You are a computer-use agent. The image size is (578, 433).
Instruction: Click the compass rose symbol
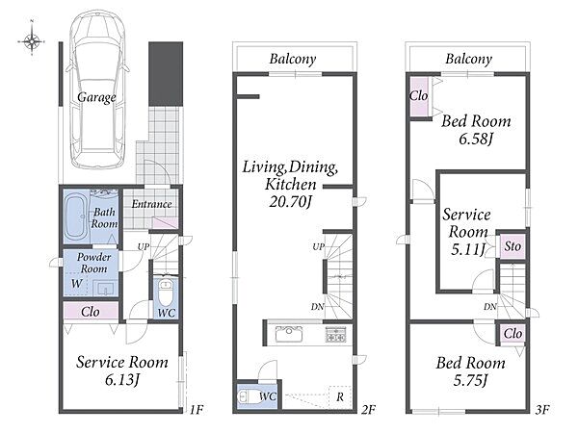tap(32, 40)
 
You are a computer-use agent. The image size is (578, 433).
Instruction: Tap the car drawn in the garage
tap(97, 89)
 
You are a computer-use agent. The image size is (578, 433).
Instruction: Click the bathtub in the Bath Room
tap(76, 216)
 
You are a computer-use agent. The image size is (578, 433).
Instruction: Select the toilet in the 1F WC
tap(166, 293)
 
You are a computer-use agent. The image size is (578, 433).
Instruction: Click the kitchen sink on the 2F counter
tap(289, 334)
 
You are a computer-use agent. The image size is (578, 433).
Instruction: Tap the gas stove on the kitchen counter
tap(335, 334)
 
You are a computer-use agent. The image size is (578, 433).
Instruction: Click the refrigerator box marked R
tap(340, 396)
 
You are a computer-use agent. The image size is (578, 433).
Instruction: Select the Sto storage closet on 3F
tap(512, 246)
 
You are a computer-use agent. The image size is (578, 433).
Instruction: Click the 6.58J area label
tap(476, 139)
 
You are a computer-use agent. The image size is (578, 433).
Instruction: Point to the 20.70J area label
tap(291, 201)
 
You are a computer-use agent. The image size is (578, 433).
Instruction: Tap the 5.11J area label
tap(467, 249)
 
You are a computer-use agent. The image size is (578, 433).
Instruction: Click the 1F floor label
tap(197, 409)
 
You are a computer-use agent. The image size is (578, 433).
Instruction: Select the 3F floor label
tap(542, 409)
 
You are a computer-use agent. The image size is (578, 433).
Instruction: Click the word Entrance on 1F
tap(151, 204)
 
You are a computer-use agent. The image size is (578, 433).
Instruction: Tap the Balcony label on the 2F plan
tap(293, 59)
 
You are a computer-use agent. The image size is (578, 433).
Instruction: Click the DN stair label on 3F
tap(490, 306)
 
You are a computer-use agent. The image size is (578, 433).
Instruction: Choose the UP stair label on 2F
tap(318, 246)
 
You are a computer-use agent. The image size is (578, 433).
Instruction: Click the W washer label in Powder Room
tap(76, 284)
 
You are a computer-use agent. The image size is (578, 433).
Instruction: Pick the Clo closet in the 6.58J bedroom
tap(419, 97)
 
